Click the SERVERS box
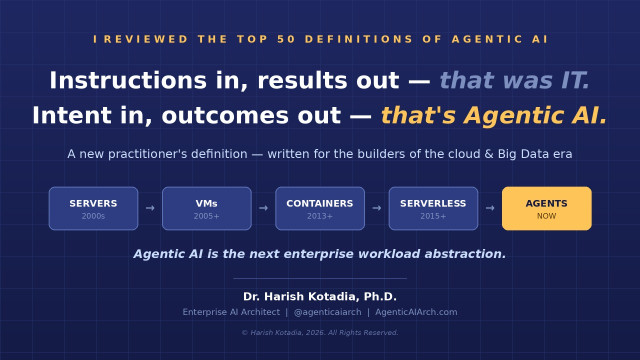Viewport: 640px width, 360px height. [x=93, y=209]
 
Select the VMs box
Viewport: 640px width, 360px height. [x=207, y=209]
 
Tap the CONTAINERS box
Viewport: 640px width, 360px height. [x=320, y=209]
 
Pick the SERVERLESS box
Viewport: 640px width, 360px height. [x=433, y=209]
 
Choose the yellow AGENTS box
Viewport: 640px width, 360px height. [x=547, y=209]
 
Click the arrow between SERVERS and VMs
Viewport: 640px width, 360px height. [x=150, y=208]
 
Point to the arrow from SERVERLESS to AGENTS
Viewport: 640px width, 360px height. [x=490, y=208]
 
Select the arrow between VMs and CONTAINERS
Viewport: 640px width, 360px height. [x=264, y=208]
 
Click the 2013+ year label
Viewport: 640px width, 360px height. [x=320, y=216]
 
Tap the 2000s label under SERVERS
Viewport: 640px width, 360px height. [x=93, y=216]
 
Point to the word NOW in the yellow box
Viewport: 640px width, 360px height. [x=547, y=216]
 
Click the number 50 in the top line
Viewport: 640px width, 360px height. [x=286, y=39]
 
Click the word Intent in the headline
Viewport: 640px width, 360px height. [x=72, y=115]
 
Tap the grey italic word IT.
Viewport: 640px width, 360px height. [x=576, y=80]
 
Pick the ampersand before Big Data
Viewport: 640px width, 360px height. [x=489, y=154]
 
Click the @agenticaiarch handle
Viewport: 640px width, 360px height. [x=327, y=312]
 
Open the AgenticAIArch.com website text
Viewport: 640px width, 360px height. [x=416, y=312]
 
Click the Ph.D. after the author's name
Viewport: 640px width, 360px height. [x=380, y=296]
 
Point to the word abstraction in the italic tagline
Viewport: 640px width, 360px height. [x=465, y=254]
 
